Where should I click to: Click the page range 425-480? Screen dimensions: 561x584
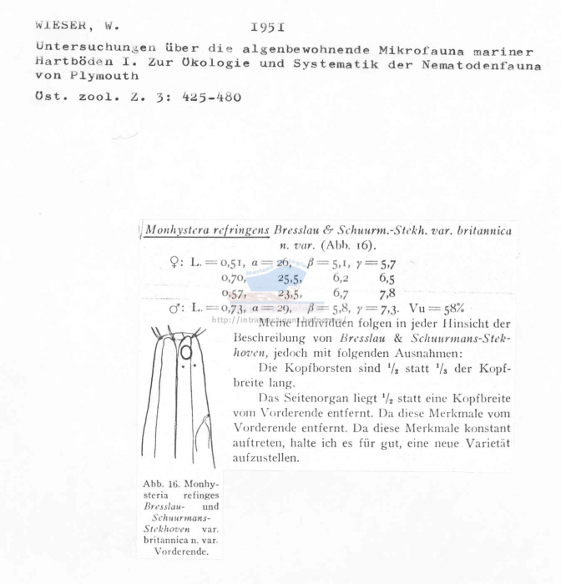[x=205, y=97]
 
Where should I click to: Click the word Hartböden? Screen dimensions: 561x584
[x=70, y=62]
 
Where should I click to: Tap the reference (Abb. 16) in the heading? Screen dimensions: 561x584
[x=347, y=246]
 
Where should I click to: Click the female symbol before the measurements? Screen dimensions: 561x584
[x=174, y=262]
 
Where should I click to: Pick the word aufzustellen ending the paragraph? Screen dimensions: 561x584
[x=264, y=458]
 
